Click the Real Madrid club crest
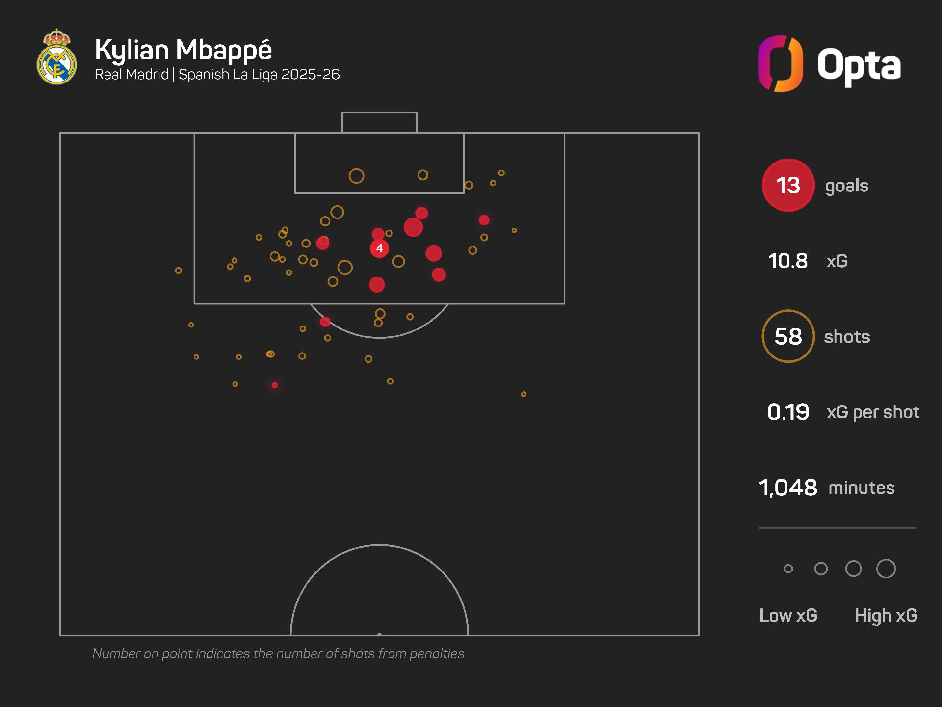click(x=57, y=58)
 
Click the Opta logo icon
click(x=780, y=64)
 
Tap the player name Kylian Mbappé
click(x=183, y=50)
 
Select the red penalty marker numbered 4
click(x=379, y=248)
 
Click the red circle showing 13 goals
click(x=788, y=186)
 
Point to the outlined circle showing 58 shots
click(x=788, y=336)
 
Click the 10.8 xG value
click(x=787, y=261)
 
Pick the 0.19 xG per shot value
click(x=787, y=412)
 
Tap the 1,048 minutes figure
click(x=788, y=488)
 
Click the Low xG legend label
click(x=788, y=615)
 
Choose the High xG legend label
click(x=886, y=615)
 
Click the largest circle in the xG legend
click(x=886, y=569)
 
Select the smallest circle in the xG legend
click(x=788, y=569)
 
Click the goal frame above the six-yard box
click(x=379, y=122)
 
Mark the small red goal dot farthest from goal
click(x=275, y=385)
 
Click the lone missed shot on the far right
click(x=523, y=394)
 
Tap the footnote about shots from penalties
click(x=278, y=653)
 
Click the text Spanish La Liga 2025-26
click(x=259, y=75)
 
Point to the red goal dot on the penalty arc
click(x=325, y=322)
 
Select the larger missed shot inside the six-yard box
click(x=356, y=176)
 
